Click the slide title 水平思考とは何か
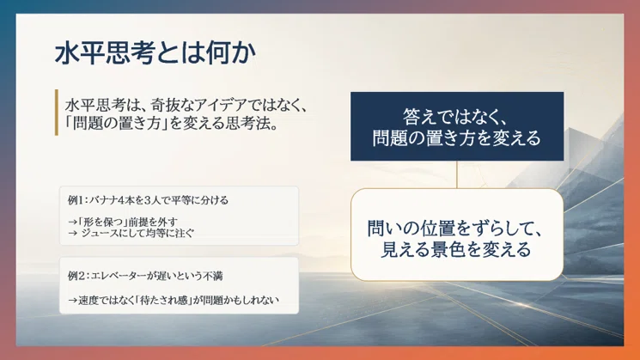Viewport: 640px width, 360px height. coord(155,52)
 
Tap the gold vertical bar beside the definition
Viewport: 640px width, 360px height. coord(57,113)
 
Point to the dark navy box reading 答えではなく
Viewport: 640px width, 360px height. coord(457,126)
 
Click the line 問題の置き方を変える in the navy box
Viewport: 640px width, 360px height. coord(457,138)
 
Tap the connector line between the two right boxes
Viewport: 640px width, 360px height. coord(457,174)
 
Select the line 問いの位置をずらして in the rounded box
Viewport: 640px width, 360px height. coord(454,229)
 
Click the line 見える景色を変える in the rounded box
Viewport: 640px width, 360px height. coord(455,249)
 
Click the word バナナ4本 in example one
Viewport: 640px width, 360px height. coord(112,200)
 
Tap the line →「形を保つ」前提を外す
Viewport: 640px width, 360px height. coord(123,222)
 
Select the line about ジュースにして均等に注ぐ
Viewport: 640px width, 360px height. coord(131,233)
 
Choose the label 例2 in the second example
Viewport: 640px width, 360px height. coord(76,276)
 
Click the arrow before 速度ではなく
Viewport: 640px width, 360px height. coord(72,301)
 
